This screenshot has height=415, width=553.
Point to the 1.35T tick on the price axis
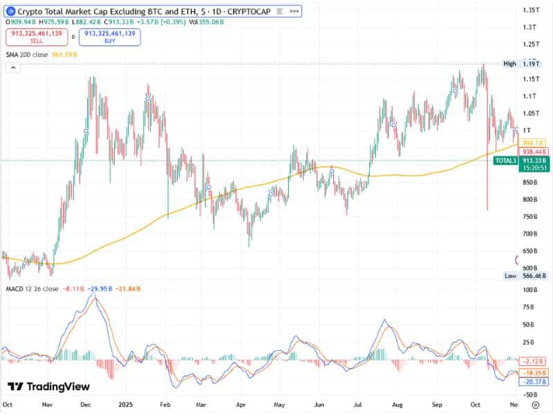click(x=531, y=10)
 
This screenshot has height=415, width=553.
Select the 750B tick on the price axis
click(x=531, y=216)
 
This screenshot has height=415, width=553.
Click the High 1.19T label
click(x=520, y=64)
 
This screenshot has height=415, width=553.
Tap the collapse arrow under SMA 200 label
click(x=12, y=67)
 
